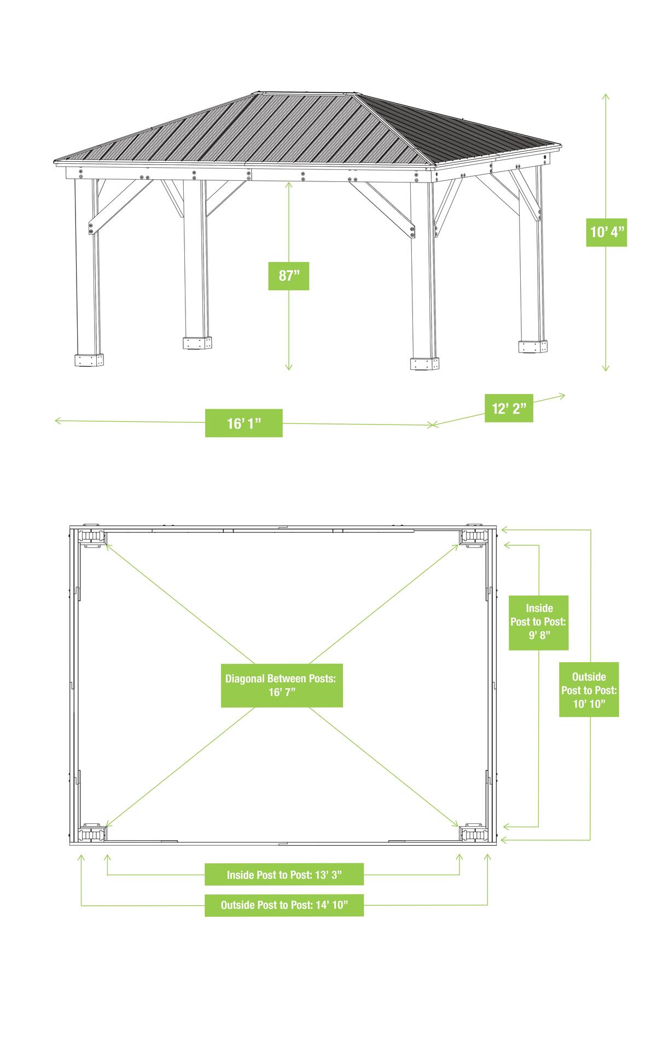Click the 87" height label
(x=288, y=276)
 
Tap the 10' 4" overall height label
(x=606, y=232)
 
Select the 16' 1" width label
(x=243, y=423)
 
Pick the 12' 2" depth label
(x=509, y=408)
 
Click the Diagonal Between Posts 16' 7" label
(x=282, y=685)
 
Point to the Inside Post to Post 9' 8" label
(x=539, y=622)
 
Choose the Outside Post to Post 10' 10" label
(x=589, y=689)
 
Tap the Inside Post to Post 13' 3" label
(x=284, y=875)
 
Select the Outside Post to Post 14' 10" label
(x=284, y=905)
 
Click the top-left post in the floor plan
(x=91, y=537)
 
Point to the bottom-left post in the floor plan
(x=91, y=833)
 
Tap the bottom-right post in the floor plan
(x=473, y=834)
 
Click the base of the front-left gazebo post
(x=89, y=360)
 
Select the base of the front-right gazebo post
(x=424, y=364)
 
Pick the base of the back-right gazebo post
(x=533, y=346)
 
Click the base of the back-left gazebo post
(x=197, y=343)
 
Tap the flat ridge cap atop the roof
(x=308, y=92)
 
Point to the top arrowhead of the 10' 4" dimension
(x=606, y=97)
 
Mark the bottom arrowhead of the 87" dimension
(x=289, y=367)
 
